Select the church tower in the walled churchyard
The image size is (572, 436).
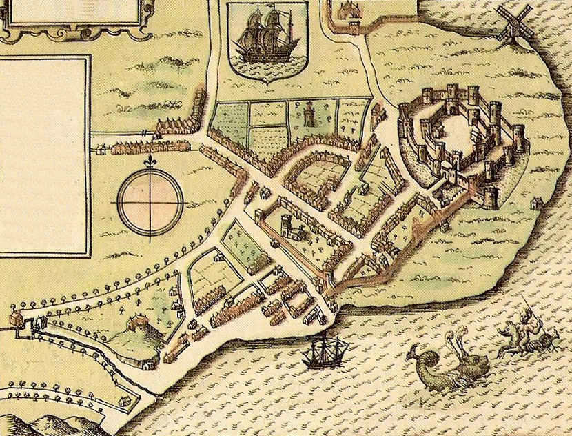point(287,225)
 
